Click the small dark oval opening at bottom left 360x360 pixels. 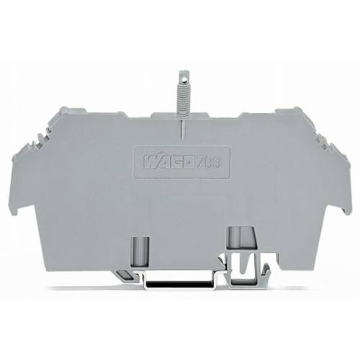coord(124,275)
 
